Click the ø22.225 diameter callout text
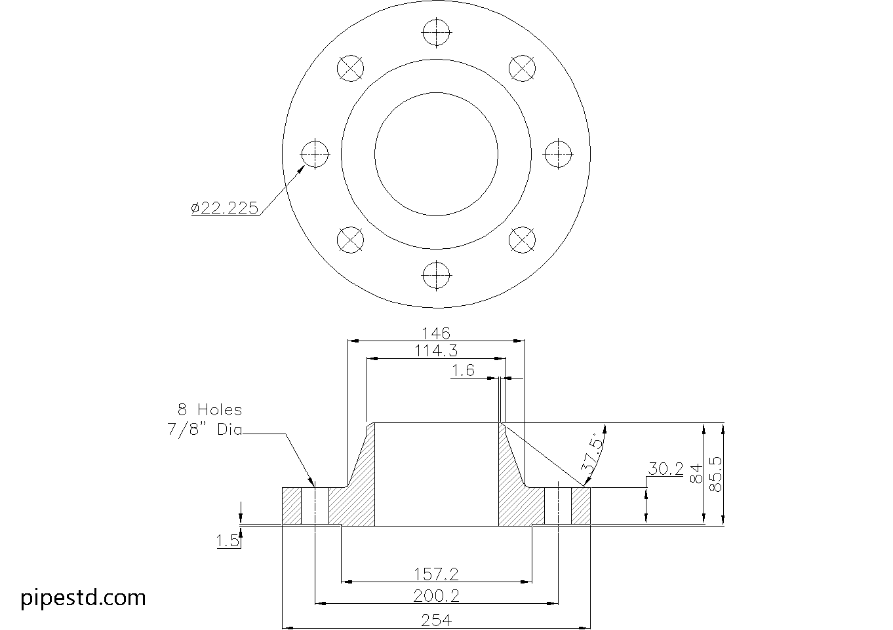tap(224, 208)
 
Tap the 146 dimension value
tap(435, 333)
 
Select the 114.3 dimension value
tap(435, 350)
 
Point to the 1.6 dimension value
tap(463, 371)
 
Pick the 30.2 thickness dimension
tap(665, 469)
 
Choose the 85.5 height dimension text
tap(716, 474)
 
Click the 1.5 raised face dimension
tap(227, 540)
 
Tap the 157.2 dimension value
tap(436, 574)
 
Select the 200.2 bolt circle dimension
tap(436, 595)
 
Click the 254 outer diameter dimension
tap(436, 620)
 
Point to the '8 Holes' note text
tap(210, 410)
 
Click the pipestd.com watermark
tap(83, 597)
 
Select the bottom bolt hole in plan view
tap(436, 275)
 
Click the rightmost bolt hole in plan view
tap(558, 154)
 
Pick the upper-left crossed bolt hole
tap(350, 68)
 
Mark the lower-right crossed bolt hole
tap(523, 240)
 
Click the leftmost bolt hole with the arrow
tap(315, 155)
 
